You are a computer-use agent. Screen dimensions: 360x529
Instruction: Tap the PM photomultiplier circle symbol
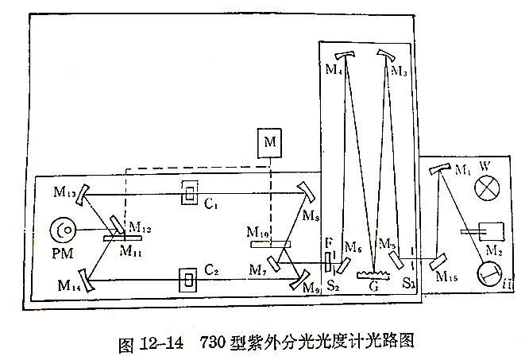64,231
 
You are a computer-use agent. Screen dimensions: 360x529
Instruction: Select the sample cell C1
189,192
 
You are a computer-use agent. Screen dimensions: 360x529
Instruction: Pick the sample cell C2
190,280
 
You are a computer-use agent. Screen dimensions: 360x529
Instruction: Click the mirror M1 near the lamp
436,169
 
